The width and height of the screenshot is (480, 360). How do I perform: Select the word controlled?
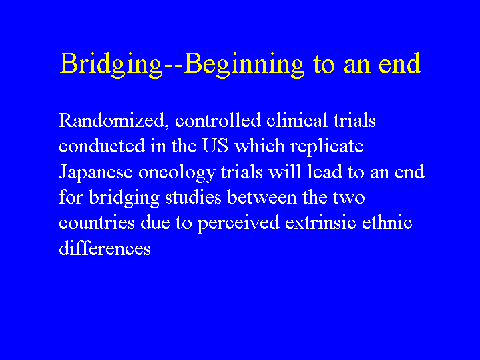coord(218,120)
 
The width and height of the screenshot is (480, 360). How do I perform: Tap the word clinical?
coord(297,120)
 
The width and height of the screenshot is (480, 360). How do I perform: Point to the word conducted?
coord(101,146)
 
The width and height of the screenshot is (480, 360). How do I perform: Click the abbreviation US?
coord(215,146)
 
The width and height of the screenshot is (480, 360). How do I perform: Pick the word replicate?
coord(327,146)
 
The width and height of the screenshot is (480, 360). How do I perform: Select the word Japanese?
coord(95,172)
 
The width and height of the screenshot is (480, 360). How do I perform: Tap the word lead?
coord(324,171)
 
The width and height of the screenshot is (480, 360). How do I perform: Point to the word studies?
coord(193,197)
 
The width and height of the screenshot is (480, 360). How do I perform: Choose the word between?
coord(262,197)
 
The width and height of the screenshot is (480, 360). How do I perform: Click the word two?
coord(349,198)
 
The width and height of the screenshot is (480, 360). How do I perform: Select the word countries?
coord(96,222)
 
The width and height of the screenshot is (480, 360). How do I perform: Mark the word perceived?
coord(238,223)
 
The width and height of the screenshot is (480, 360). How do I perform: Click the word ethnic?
coord(387,222)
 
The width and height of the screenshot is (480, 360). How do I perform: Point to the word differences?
coord(105,248)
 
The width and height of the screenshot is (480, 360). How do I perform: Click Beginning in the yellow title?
coord(244,65)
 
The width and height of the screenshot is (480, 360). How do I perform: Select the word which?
coord(260,146)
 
